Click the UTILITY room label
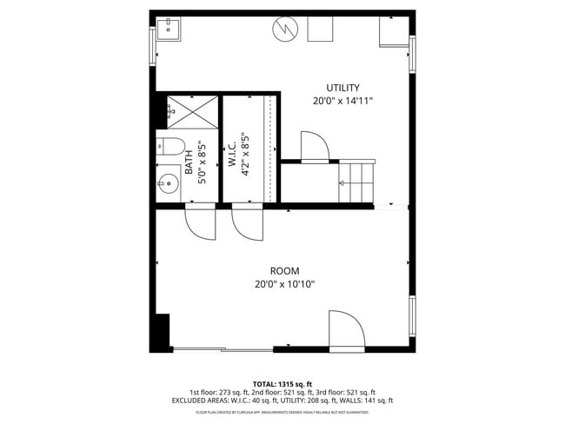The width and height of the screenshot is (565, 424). [342, 88]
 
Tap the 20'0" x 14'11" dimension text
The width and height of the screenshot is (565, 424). [342, 101]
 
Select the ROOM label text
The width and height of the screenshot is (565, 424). [283, 270]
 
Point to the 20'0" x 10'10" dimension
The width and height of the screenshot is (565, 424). [283, 283]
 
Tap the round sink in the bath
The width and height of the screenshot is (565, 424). [168, 184]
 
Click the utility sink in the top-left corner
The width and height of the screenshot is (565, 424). [168, 31]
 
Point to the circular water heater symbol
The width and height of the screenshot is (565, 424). [283, 30]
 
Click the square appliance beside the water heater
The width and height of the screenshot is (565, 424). [319, 29]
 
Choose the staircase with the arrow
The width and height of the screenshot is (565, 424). [356, 183]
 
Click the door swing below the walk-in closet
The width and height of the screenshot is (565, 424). [248, 223]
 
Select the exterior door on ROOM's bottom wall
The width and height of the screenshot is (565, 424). [346, 331]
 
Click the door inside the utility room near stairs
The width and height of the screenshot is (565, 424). [314, 147]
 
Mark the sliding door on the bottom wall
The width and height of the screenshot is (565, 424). [222, 349]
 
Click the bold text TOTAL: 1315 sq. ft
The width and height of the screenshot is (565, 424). [282, 383]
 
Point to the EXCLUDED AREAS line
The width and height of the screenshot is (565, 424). [282, 401]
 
